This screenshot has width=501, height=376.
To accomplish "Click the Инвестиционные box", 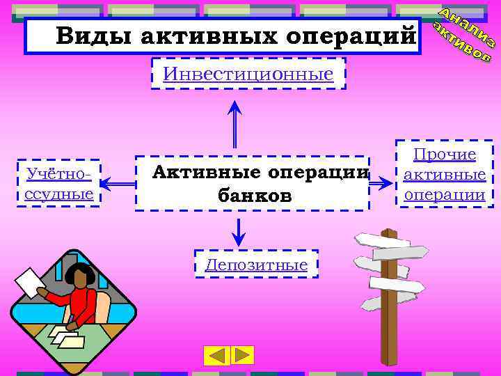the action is tap(248, 74).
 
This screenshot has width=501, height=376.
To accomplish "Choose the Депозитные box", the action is tap(256, 265).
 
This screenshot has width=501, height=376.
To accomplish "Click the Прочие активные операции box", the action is tap(445, 174).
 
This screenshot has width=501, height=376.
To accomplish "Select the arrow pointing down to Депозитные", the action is tap(239, 231).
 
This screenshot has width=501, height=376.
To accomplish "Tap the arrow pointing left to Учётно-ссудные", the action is tap(117, 184).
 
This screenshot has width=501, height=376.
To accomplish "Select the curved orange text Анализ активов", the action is tap(463, 36).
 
